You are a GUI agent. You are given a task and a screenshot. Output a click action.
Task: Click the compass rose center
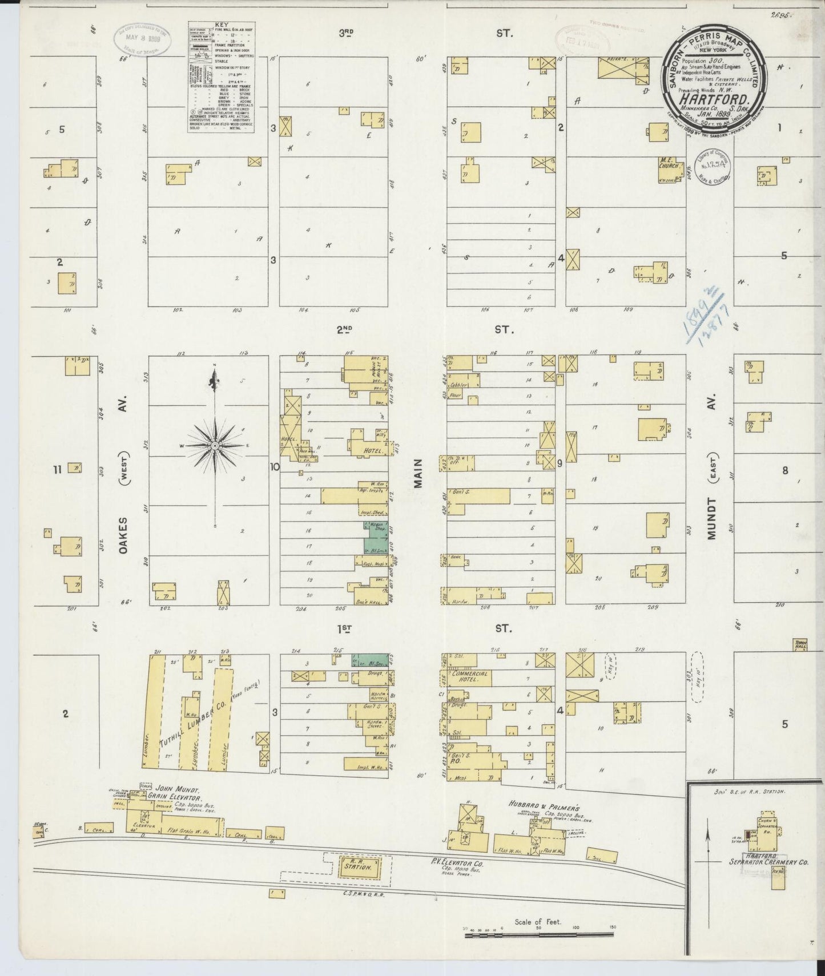[214, 445]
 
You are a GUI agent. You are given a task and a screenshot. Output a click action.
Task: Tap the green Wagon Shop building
[375, 530]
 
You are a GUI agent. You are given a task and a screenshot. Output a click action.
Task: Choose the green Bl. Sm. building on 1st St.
[370, 660]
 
